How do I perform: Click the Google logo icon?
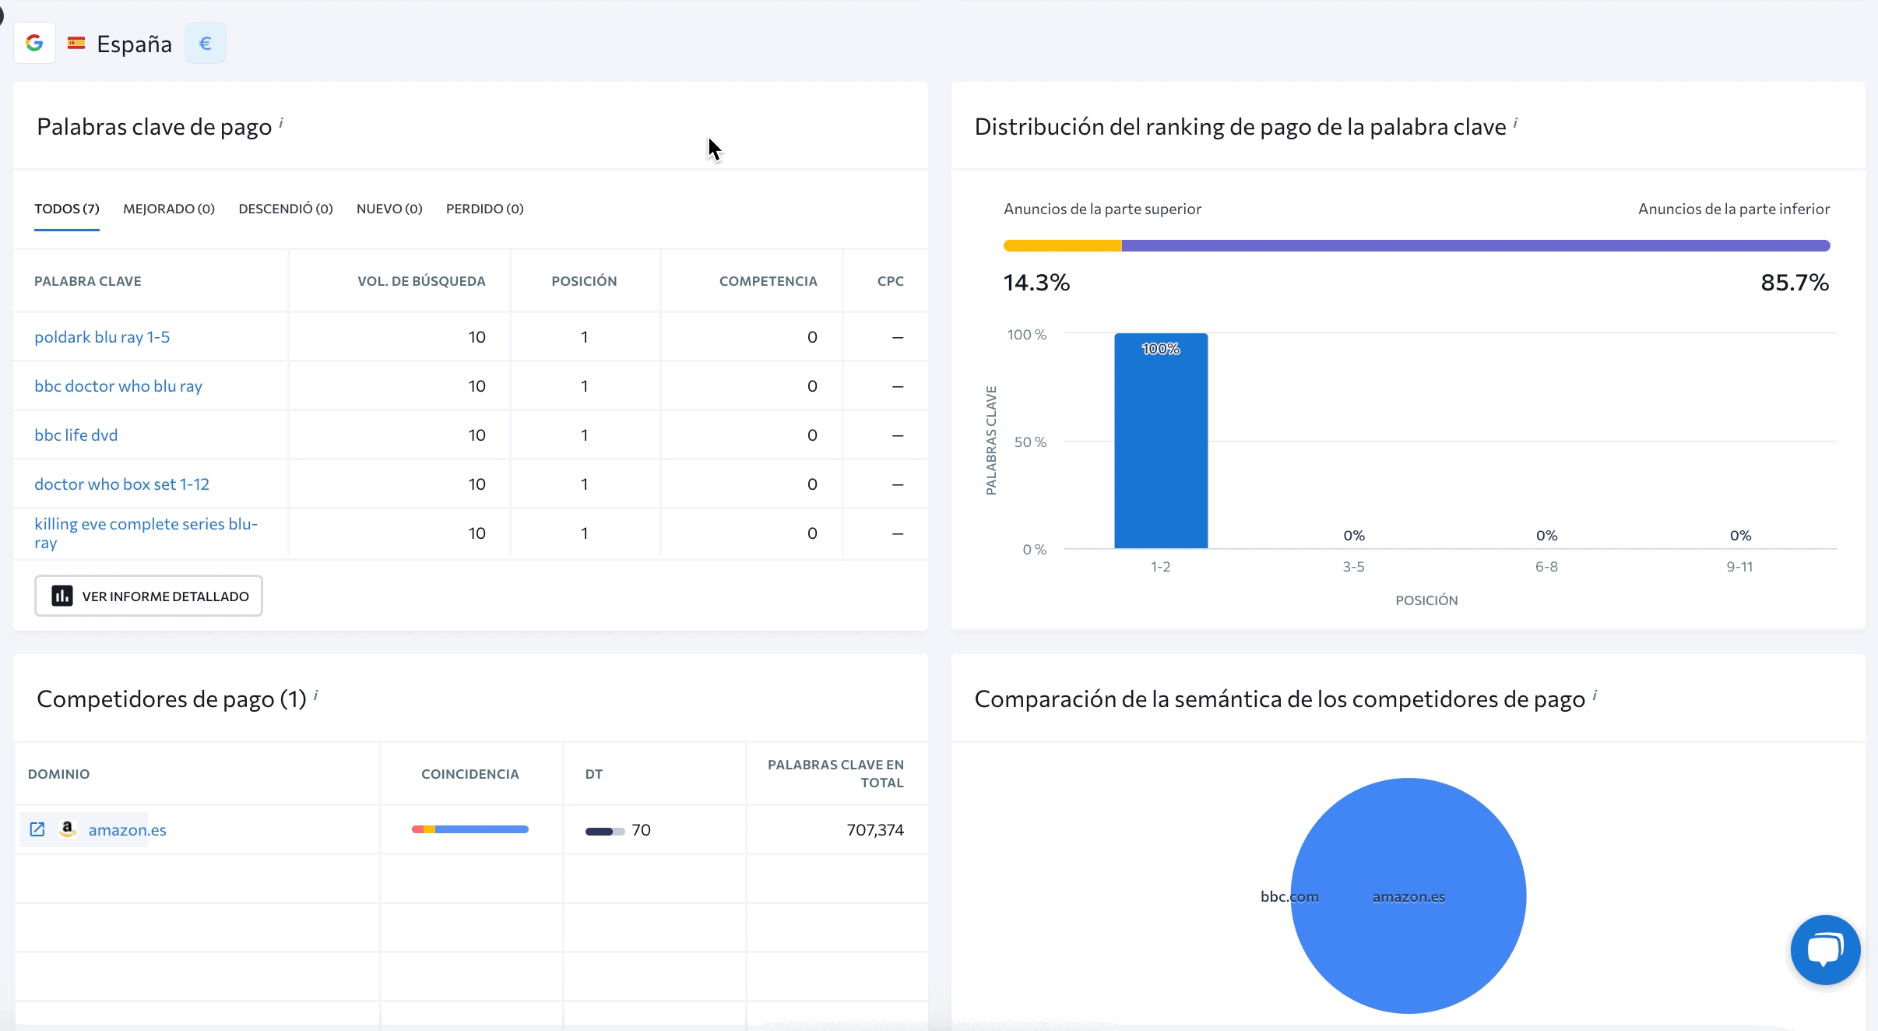click(34, 43)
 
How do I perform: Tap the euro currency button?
click(206, 43)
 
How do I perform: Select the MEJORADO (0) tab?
click(169, 209)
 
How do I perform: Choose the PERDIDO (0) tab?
click(484, 209)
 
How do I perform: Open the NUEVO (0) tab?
click(389, 209)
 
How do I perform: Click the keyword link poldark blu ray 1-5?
click(102, 337)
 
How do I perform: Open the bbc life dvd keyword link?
click(76, 435)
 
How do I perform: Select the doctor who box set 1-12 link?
click(121, 484)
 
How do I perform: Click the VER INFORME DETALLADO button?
click(149, 596)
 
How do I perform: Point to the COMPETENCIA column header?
click(768, 281)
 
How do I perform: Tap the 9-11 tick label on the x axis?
click(1739, 567)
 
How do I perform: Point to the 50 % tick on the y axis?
click(1030, 442)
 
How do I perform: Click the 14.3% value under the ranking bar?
click(1036, 283)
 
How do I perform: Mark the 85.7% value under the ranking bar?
click(1794, 283)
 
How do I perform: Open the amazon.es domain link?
click(127, 830)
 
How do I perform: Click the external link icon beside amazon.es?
click(37, 829)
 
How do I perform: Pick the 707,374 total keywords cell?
click(875, 830)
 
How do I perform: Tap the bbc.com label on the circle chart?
click(1289, 896)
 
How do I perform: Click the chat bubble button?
click(1825, 949)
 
